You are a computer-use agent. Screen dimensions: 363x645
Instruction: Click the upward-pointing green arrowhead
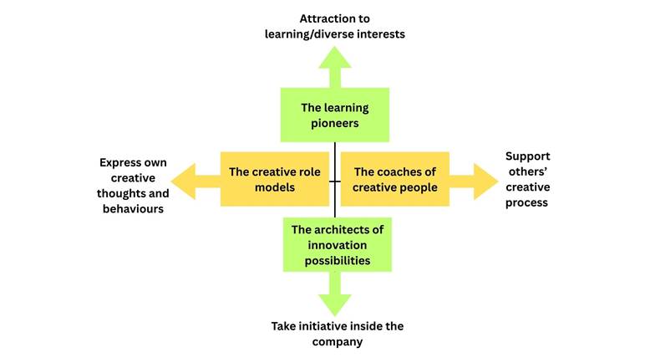click(x=335, y=61)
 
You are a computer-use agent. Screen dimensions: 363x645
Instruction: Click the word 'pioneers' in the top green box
click(x=334, y=123)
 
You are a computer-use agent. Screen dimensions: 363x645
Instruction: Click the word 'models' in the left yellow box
click(x=275, y=187)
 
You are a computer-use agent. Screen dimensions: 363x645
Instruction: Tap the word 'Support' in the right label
click(x=528, y=156)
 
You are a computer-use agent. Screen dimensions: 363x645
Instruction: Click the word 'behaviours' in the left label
click(x=131, y=208)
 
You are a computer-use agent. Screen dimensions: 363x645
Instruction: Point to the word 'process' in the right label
click(x=527, y=203)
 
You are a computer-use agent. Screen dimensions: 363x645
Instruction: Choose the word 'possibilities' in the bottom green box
click(x=335, y=261)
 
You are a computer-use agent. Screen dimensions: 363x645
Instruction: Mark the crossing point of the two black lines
click(x=335, y=181)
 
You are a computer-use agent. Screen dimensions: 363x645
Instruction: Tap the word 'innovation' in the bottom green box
click(x=335, y=245)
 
